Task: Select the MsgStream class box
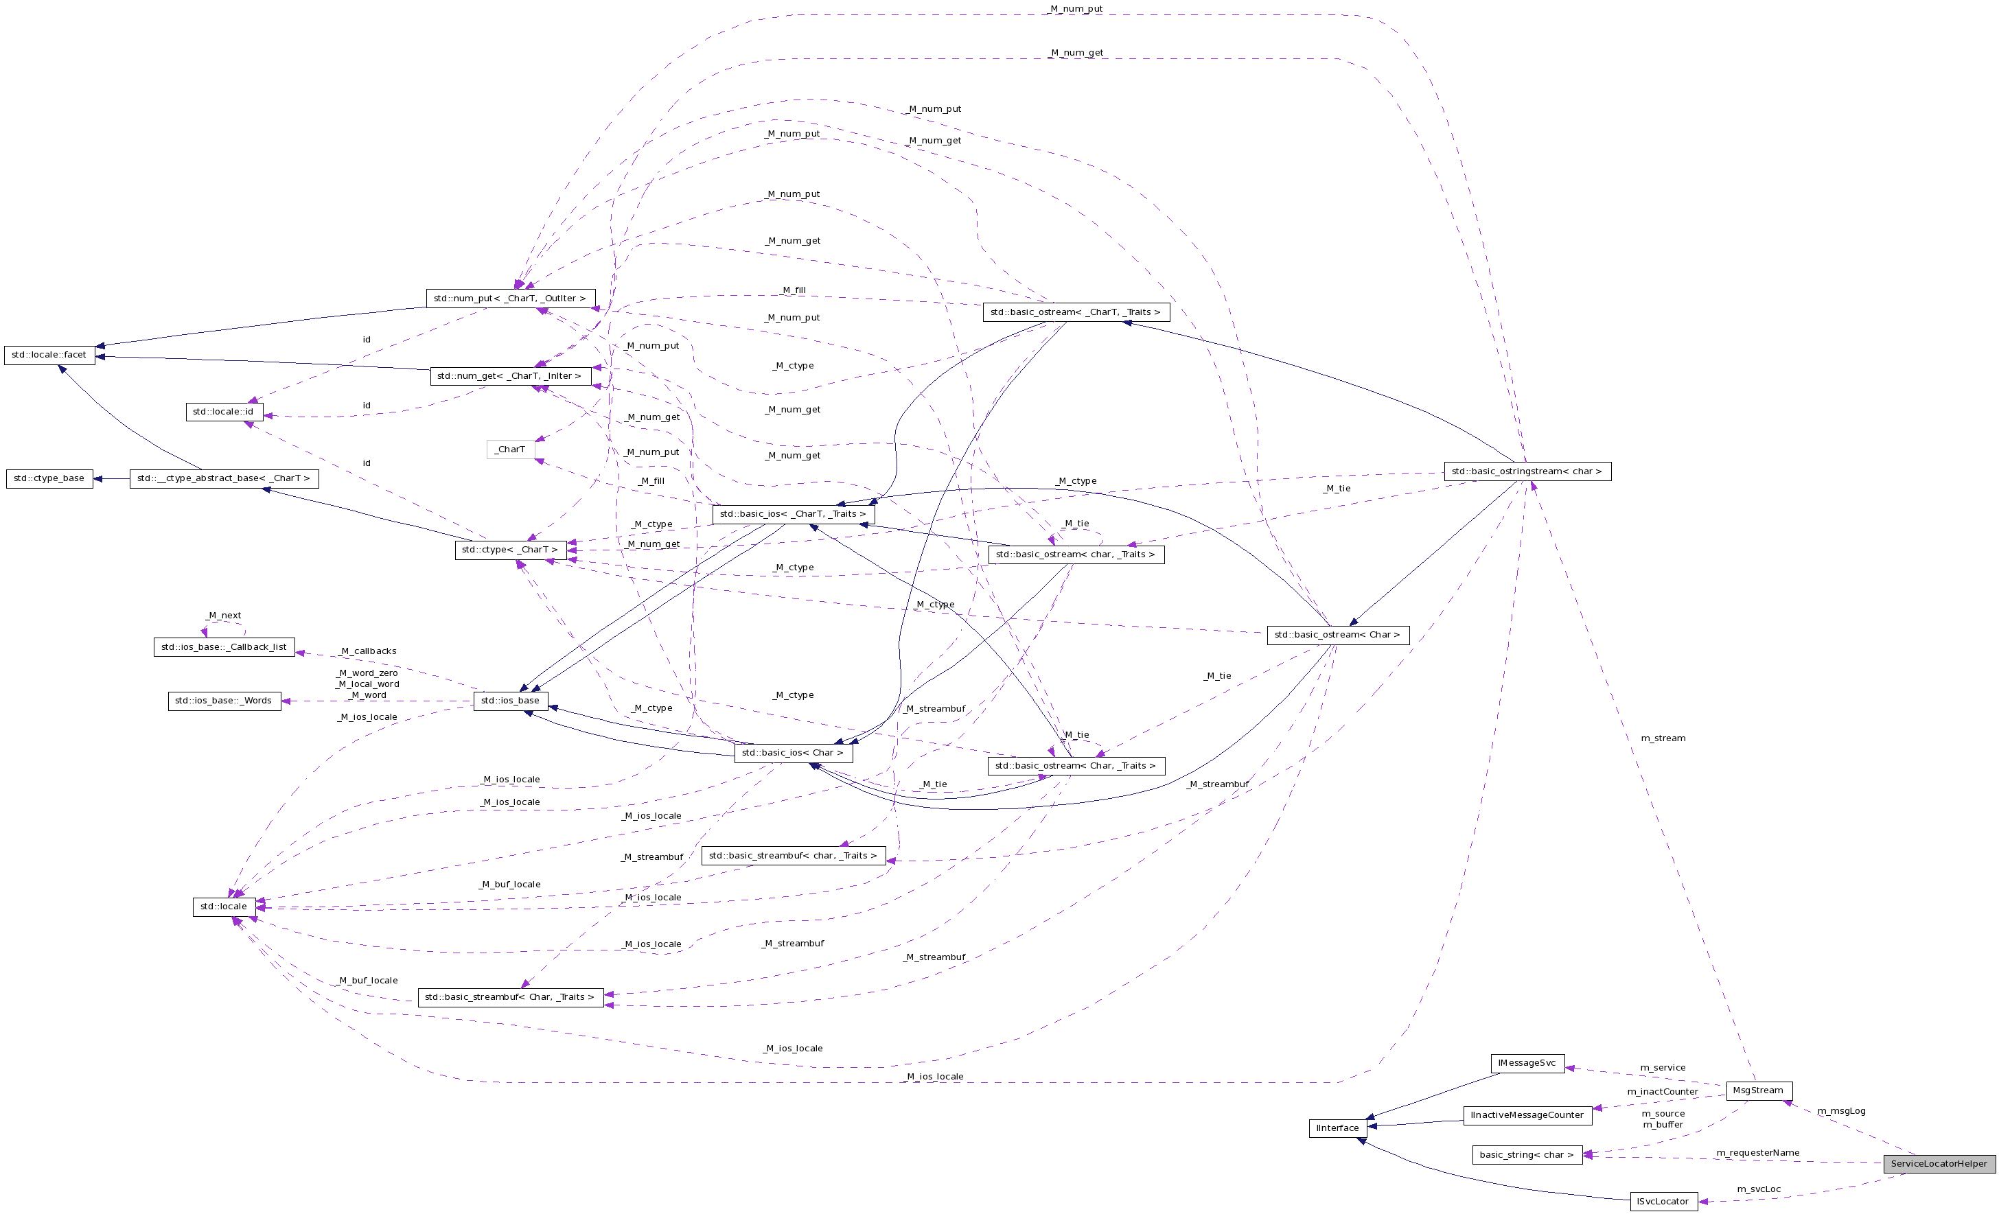pyautogui.click(x=1758, y=1090)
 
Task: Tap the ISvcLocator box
pyautogui.click(x=1663, y=1202)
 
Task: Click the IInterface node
pyautogui.click(x=1337, y=1128)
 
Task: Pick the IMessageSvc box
pyautogui.click(x=1527, y=1063)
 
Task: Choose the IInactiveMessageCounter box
pyautogui.click(x=1527, y=1115)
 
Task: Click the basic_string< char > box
pyautogui.click(x=1526, y=1155)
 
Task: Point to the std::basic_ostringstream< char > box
pyautogui.click(x=1527, y=471)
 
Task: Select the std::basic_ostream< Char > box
pyautogui.click(x=1337, y=635)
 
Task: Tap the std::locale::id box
pyautogui.click(x=223, y=412)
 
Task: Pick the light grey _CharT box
pyautogui.click(x=510, y=450)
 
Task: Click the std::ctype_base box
pyautogui.click(x=49, y=478)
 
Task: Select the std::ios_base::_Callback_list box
pyautogui.click(x=224, y=647)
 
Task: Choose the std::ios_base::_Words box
pyautogui.click(x=224, y=701)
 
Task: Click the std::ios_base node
pyautogui.click(x=509, y=701)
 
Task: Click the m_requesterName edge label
pyautogui.click(x=1757, y=1153)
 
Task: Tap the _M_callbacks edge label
pyautogui.click(x=369, y=651)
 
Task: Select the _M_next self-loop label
pyautogui.click(x=224, y=616)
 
